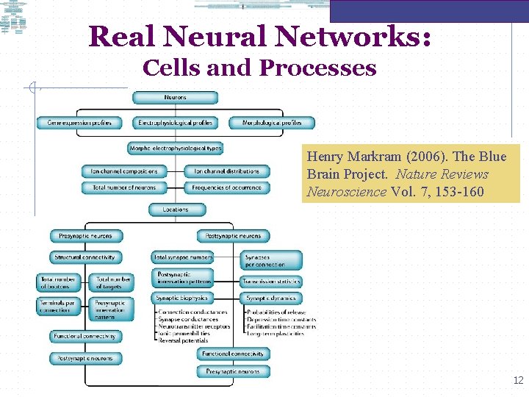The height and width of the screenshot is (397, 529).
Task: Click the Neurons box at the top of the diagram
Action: click(x=175, y=98)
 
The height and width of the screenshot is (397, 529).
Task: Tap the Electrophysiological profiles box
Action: click(x=175, y=123)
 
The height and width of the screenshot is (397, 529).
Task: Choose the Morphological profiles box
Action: click(x=272, y=123)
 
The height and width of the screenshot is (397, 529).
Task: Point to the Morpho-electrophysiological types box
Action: click(x=175, y=148)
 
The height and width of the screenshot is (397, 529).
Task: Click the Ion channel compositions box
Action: click(x=124, y=171)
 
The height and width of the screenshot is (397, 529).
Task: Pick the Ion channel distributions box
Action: click(x=227, y=171)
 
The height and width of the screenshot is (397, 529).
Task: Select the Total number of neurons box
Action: click(x=124, y=187)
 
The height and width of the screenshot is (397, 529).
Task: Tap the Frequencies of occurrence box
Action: click(x=227, y=187)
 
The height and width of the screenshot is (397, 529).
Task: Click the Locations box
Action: click(x=175, y=210)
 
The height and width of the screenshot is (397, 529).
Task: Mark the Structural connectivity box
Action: click(x=85, y=257)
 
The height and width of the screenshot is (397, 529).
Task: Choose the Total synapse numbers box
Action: click(x=183, y=257)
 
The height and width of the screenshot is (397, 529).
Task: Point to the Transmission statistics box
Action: click(x=271, y=281)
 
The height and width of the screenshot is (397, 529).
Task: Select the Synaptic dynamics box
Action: click(x=271, y=298)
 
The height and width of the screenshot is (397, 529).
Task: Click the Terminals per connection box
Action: click(x=60, y=307)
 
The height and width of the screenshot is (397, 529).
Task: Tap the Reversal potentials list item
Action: click(x=183, y=340)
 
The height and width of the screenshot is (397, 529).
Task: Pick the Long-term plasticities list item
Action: click(x=276, y=334)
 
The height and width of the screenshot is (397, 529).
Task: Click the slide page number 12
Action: click(x=518, y=380)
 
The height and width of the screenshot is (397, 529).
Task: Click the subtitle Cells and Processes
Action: click(x=259, y=68)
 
